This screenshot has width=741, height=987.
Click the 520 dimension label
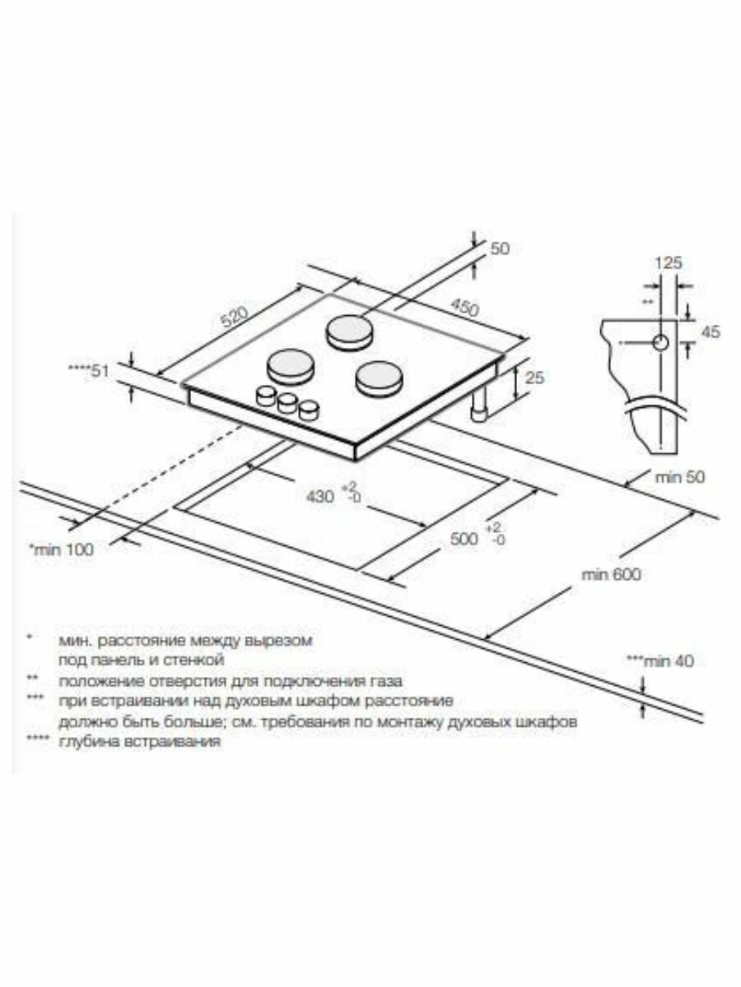pos(235,316)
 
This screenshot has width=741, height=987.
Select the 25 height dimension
pos(534,378)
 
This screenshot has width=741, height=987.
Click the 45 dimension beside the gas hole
pos(711,331)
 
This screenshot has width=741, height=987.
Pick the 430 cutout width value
pos(319,496)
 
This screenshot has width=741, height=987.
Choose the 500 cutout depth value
pos(464,538)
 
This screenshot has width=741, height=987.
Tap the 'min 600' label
pos(611,574)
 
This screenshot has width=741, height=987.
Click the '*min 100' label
pos(62,549)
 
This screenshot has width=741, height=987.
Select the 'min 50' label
pos(680,476)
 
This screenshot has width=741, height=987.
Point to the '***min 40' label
pos(660,660)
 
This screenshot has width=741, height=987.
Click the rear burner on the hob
pos(350,331)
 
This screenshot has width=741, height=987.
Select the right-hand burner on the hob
pos(379,377)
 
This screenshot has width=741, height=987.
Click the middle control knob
pos(287,402)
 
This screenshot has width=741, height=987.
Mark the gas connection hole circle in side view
pos(661,343)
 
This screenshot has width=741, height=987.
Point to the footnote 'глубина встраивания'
pos(139,742)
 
